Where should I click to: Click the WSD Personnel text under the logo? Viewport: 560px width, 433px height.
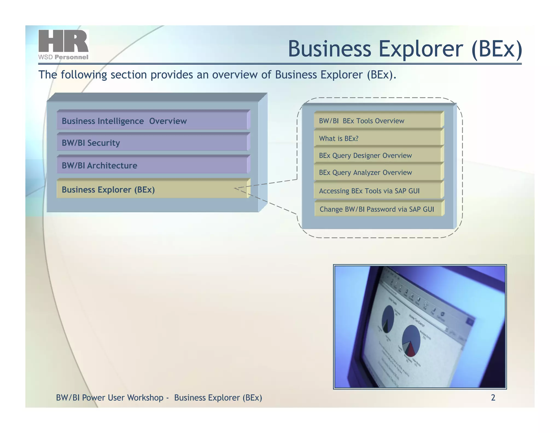pos(63,57)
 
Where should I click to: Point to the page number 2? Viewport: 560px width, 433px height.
pos(493,397)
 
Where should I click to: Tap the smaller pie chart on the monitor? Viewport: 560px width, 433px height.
pos(388,319)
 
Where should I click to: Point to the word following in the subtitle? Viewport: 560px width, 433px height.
pos(84,75)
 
